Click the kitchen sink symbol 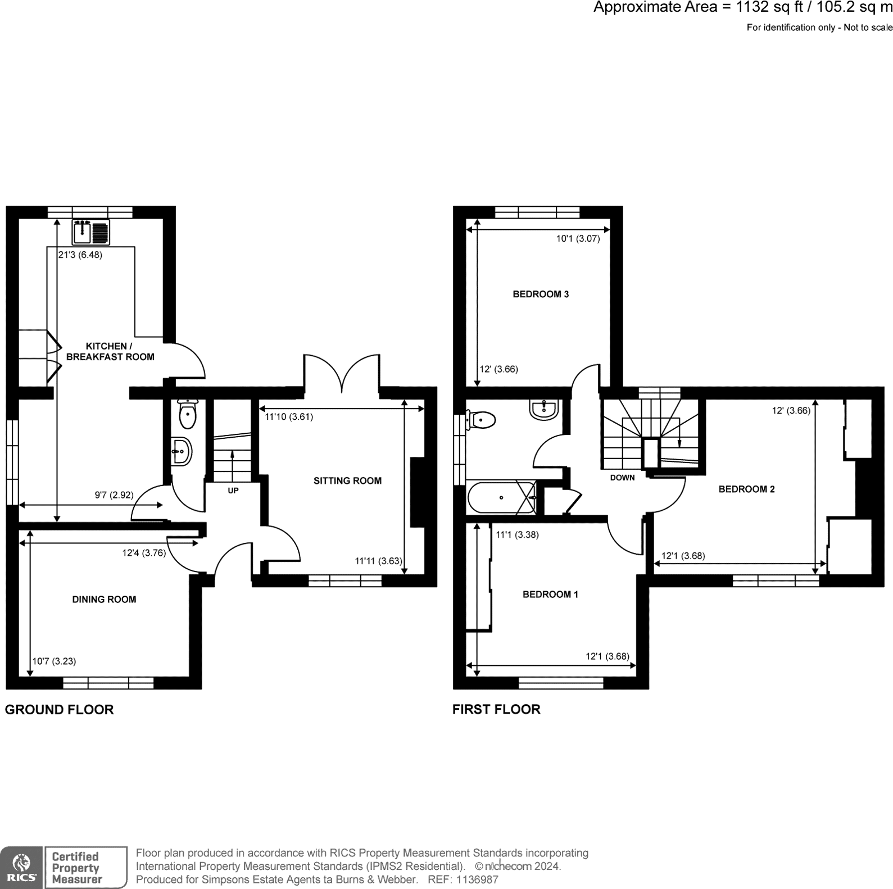click(x=90, y=232)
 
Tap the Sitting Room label click(x=347, y=480)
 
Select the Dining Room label click(x=104, y=599)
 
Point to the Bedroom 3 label click(x=541, y=294)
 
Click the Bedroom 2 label click(x=746, y=489)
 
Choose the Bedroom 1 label click(x=550, y=594)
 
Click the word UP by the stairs click(x=233, y=491)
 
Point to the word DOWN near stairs click(x=622, y=478)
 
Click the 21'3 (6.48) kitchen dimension click(x=80, y=255)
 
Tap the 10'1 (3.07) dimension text click(x=578, y=238)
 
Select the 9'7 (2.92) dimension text click(x=114, y=495)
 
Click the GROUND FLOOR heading click(x=59, y=709)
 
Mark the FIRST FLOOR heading click(x=496, y=709)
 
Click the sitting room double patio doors click(x=342, y=374)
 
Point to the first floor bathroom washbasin click(x=543, y=409)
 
